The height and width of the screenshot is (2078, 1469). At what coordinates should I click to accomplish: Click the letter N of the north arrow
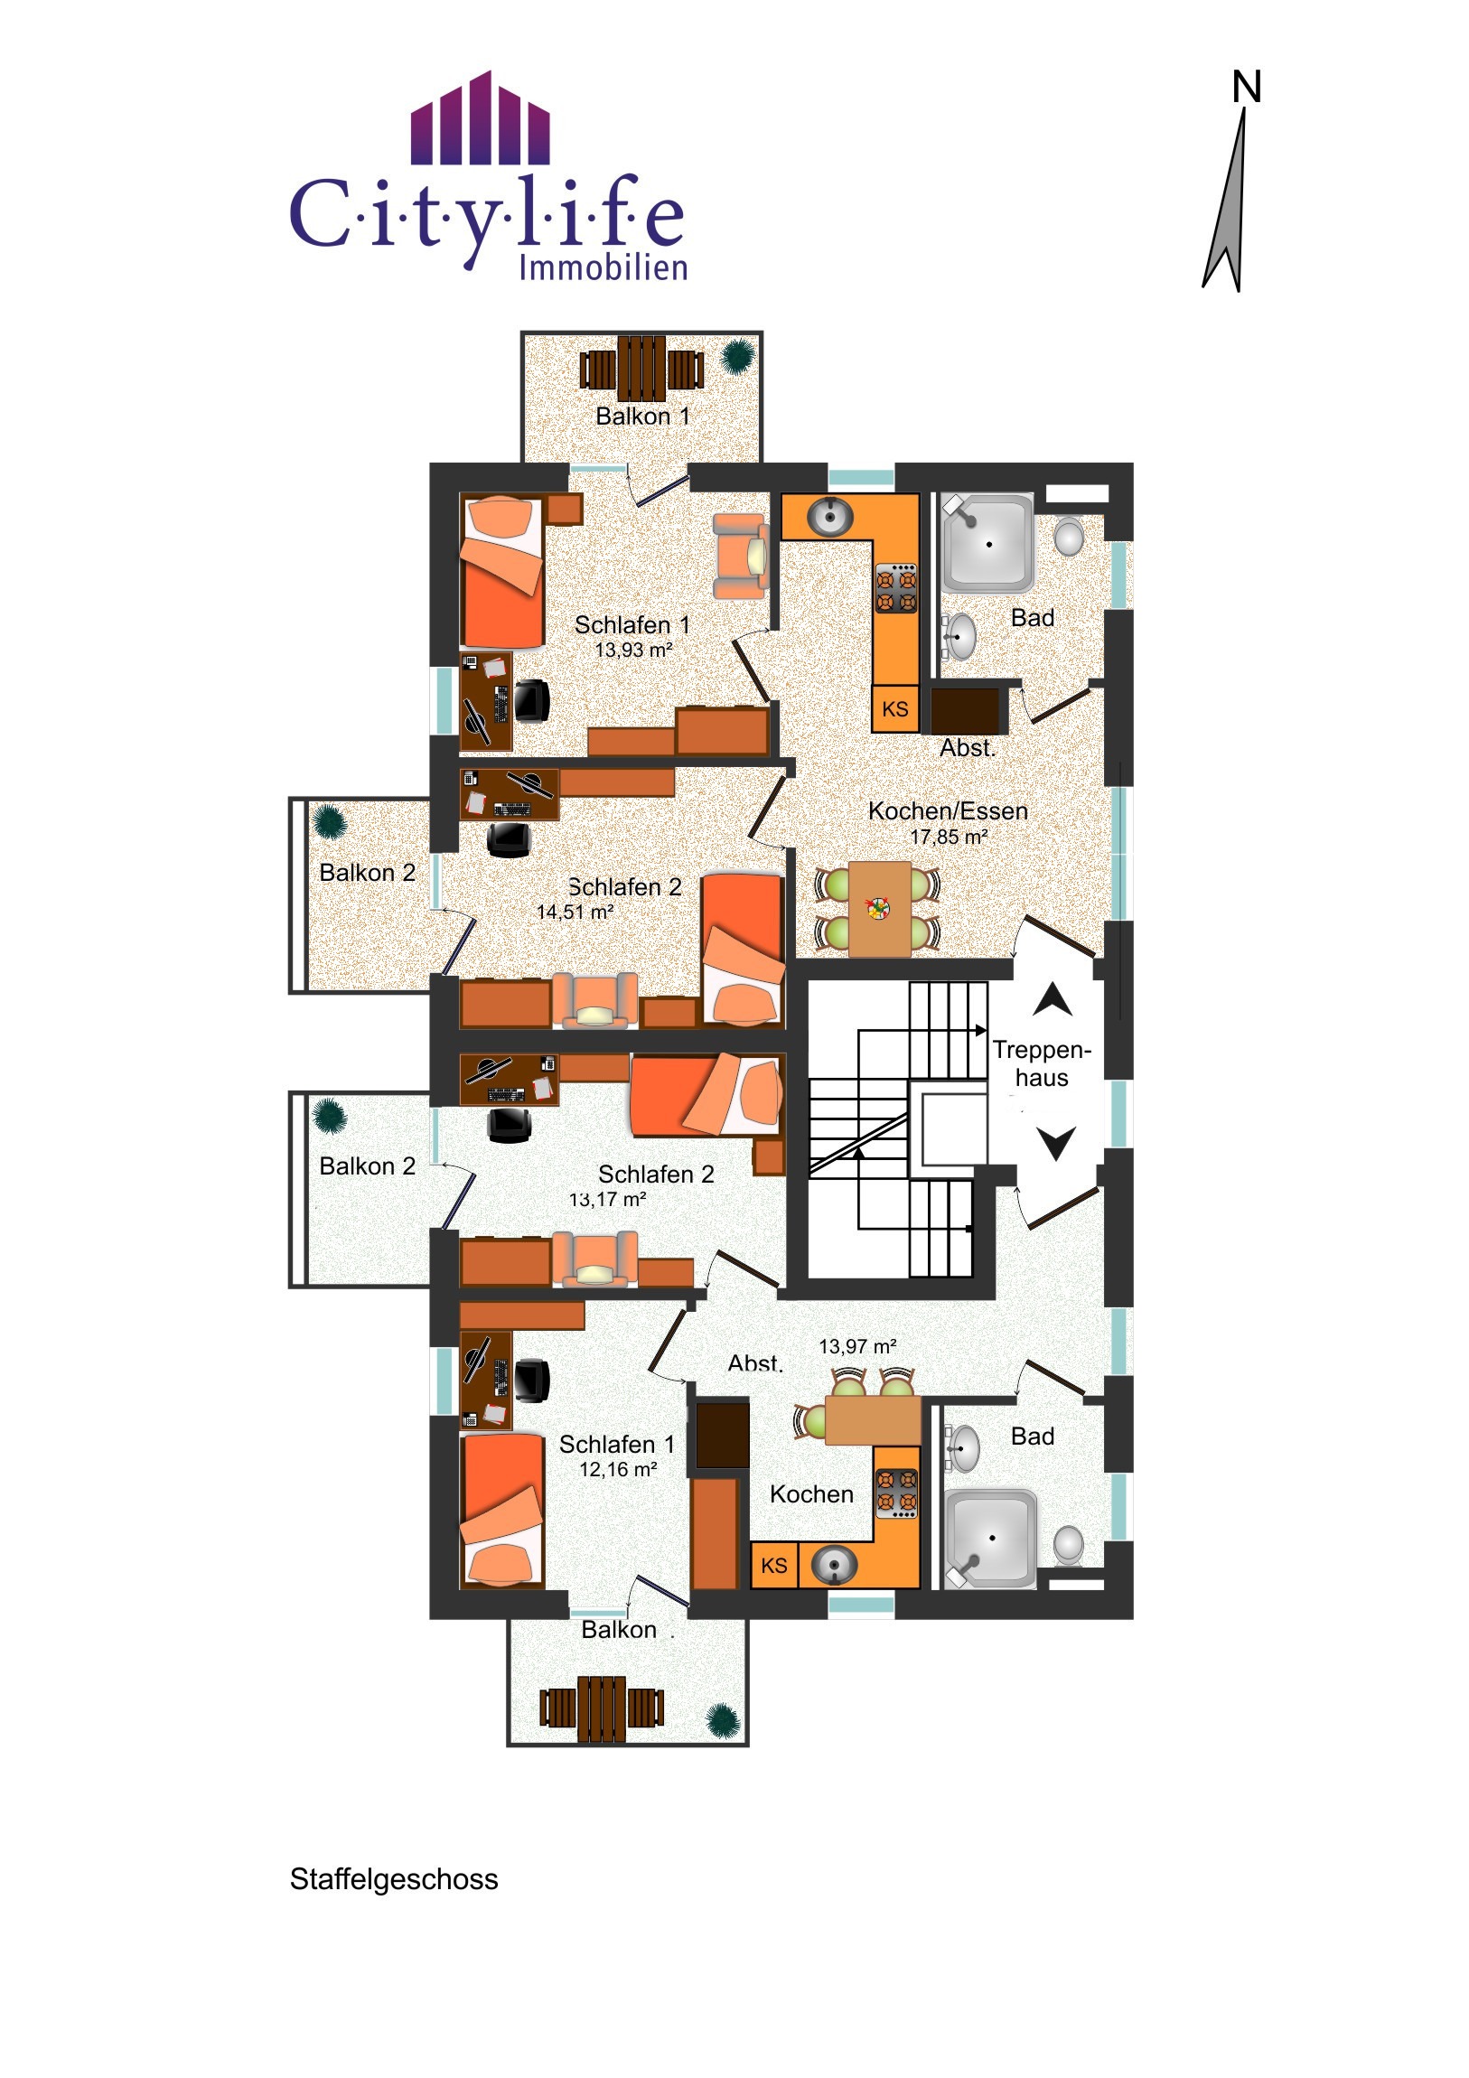(1247, 87)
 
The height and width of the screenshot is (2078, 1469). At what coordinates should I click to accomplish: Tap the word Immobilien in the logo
(603, 268)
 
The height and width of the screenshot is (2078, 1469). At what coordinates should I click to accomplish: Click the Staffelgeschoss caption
(394, 1879)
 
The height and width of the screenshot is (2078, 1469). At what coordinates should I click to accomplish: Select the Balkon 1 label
(642, 417)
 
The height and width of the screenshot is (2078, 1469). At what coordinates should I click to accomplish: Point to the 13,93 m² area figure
(633, 650)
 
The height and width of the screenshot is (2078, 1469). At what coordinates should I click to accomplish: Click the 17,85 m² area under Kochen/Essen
(949, 838)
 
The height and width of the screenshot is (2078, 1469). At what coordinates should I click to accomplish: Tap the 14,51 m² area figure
(575, 913)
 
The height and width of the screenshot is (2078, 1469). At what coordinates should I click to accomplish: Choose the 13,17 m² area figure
(607, 1200)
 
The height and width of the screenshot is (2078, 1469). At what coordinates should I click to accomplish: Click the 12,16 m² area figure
(618, 1470)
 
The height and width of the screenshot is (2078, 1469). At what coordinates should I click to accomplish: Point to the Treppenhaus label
(1042, 1063)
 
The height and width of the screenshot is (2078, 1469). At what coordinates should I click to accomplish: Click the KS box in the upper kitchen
(895, 708)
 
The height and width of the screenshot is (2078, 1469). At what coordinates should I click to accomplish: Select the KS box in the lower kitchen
(774, 1566)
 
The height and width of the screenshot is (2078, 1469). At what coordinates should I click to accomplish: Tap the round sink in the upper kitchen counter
(830, 518)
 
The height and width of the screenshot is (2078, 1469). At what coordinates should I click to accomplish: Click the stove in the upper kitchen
(896, 588)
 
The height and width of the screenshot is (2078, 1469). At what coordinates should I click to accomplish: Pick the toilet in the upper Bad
(1070, 537)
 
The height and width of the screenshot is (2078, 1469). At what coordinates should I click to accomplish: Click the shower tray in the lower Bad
(991, 1539)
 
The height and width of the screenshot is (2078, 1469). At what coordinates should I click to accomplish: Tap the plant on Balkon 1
(738, 354)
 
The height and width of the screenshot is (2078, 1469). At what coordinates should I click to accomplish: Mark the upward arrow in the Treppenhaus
(1053, 999)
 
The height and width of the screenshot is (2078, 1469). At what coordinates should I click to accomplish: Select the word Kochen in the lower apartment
(812, 1494)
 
